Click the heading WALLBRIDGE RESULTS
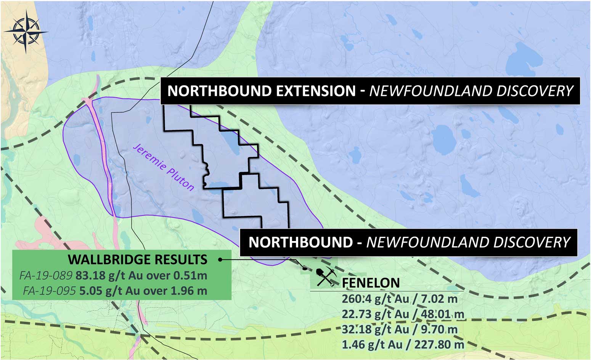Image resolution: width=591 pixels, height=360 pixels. (138, 260)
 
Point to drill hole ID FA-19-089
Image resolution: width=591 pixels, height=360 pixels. (46, 275)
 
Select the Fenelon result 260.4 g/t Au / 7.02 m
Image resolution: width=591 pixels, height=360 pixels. (400, 299)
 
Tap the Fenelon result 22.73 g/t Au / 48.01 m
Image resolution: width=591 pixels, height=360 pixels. (403, 314)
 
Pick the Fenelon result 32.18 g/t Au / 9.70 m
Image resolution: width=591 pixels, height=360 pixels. (400, 329)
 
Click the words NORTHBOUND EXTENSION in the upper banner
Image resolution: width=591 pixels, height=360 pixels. (262, 91)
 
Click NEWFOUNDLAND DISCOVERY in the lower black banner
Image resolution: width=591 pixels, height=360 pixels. (468, 243)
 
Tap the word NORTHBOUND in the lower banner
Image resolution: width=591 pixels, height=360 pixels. (301, 243)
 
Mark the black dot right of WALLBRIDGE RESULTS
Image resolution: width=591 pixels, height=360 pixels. (220, 260)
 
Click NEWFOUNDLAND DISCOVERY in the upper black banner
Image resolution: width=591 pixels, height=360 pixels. (471, 91)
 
